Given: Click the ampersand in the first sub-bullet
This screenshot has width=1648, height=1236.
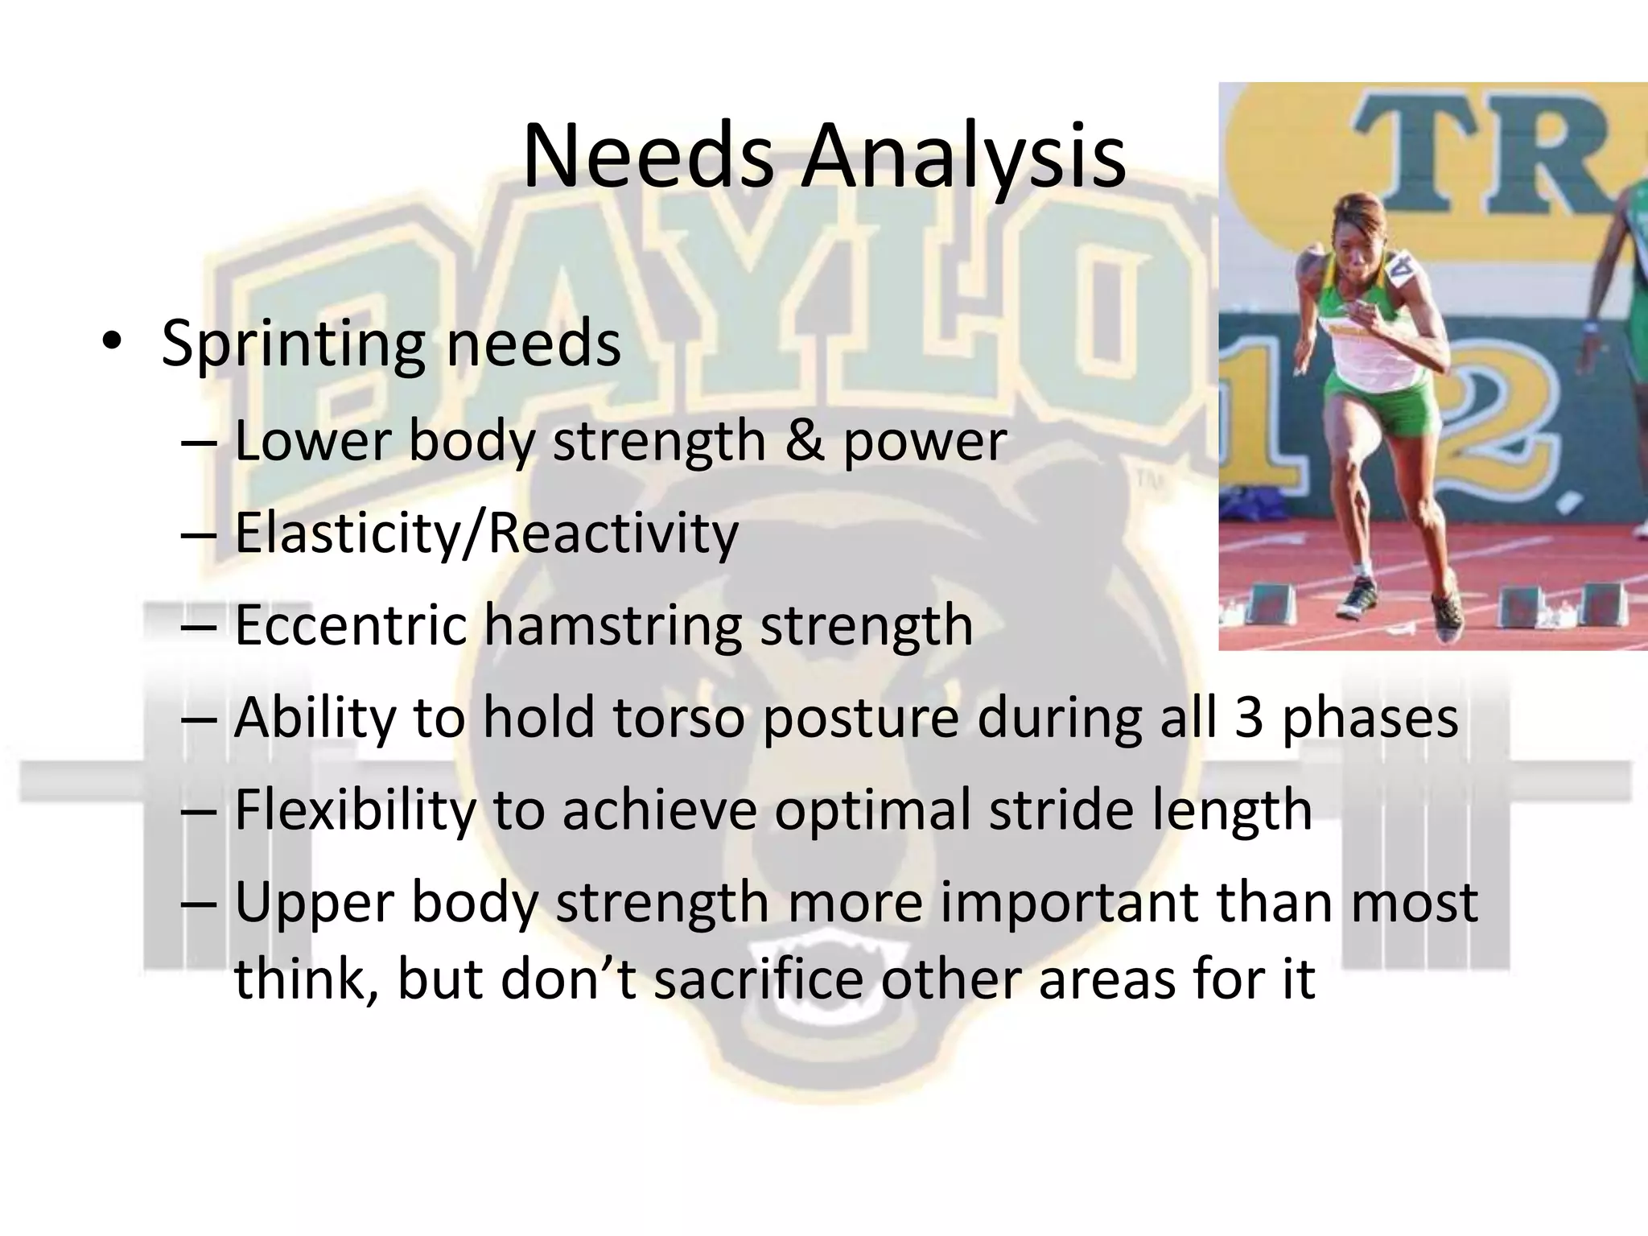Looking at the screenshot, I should coord(805,440).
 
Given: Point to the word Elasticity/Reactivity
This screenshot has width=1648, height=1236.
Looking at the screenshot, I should coord(486,534).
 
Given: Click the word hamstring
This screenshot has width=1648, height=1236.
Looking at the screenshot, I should coord(614,626).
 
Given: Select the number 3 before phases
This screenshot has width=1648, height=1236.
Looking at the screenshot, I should coord(1248,717).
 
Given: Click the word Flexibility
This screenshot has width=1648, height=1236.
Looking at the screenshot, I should coord(355,810).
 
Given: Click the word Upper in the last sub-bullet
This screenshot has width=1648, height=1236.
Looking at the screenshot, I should coord(314,904).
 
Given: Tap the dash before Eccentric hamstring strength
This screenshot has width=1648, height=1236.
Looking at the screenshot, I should coord(200,626).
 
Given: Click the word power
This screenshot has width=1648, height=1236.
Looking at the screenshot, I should coord(925,442).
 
